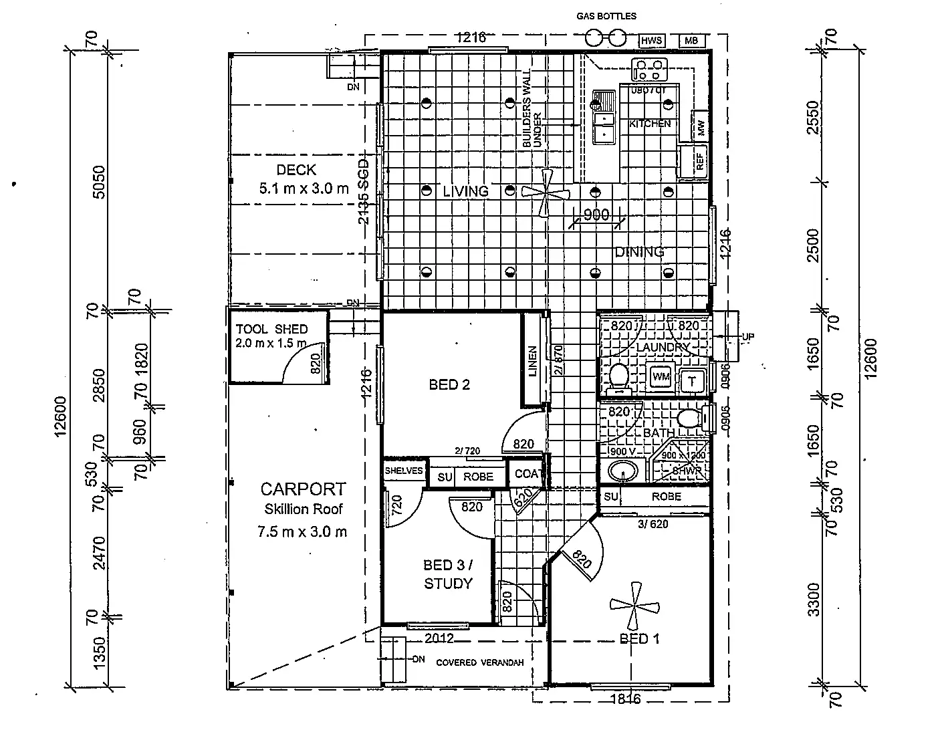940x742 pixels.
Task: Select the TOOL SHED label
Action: point(271,329)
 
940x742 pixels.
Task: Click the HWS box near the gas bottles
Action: point(651,41)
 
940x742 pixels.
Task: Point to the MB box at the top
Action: point(692,41)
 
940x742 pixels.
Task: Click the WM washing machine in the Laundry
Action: point(661,377)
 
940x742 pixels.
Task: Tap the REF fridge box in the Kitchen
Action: point(699,162)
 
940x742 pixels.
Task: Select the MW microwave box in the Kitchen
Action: point(701,126)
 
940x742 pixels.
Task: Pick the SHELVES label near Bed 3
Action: point(404,471)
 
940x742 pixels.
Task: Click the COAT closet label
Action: point(527,475)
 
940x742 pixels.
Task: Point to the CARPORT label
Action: point(303,489)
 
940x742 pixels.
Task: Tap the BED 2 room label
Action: point(449,384)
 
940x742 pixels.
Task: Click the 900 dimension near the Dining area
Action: point(596,215)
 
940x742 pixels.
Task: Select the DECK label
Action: point(296,170)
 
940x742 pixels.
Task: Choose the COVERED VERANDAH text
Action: point(479,662)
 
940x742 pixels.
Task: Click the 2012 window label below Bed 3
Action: point(440,638)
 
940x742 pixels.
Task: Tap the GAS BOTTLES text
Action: point(606,16)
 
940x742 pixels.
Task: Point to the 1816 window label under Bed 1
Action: point(626,699)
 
